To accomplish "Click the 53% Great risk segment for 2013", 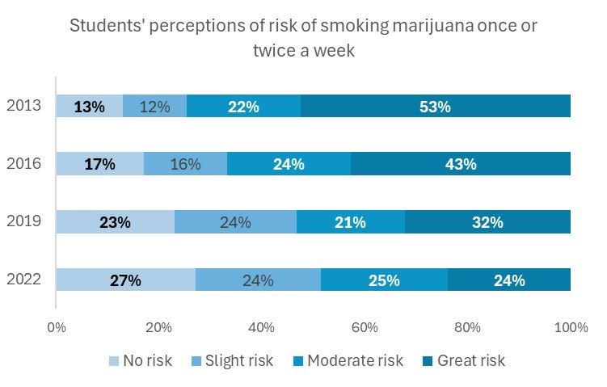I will (436, 106).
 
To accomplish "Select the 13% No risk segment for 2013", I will (89, 106).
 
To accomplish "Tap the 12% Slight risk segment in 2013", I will (154, 106).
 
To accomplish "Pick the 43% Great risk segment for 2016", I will (461, 164).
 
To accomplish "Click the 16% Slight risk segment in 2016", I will (185, 164).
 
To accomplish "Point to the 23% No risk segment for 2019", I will (115, 222).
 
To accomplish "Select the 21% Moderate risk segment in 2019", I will (351, 222).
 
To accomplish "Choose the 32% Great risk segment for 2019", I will (487, 222).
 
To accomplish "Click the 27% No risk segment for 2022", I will (125, 280).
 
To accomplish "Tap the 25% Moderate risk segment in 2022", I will (384, 280).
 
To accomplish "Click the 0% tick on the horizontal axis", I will (57, 328).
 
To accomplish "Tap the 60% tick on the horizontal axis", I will (365, 328).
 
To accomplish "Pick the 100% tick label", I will (571, 328).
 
